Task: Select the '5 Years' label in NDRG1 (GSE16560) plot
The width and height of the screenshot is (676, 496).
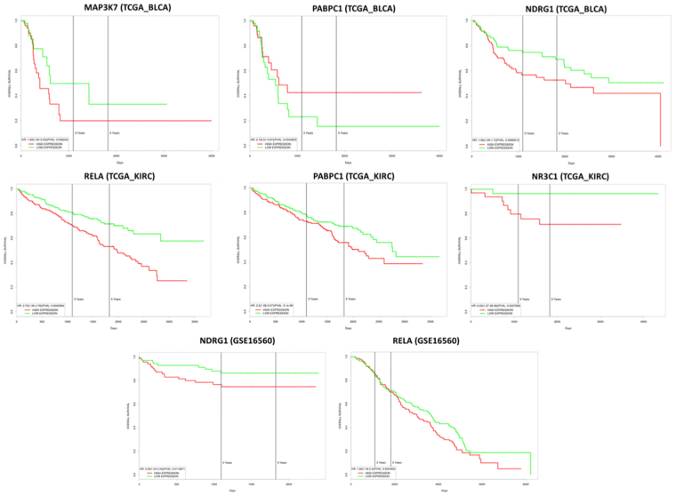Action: (281, 462)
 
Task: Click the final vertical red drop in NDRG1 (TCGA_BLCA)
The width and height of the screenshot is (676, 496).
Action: (660, 119)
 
